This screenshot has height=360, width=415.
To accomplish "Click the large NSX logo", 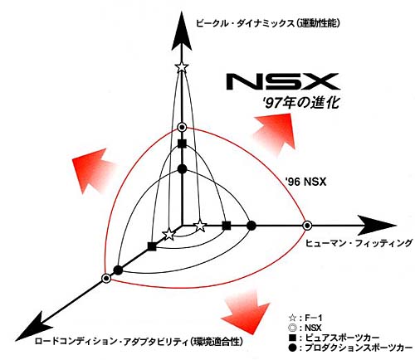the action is pos(283,81).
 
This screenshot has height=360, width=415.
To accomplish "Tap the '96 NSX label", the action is pos(305,182).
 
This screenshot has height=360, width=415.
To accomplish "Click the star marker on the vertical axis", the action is pos(182,67).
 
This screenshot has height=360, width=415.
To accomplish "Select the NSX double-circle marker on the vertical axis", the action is pos(182,128).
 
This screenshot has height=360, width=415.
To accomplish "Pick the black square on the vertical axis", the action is pos(182,144).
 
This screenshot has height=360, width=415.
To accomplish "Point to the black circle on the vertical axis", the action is pos(182,169).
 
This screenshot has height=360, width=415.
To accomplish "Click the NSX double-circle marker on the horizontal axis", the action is pos(307,226).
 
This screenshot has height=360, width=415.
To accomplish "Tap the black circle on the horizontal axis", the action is pos(251,226).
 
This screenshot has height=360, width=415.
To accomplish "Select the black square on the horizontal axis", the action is pos(227,226).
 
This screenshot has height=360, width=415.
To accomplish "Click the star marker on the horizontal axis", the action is pos(200,226).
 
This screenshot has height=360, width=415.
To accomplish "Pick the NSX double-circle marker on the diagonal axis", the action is pos(106,278).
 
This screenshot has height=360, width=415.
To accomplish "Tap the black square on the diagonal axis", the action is pos(152,246).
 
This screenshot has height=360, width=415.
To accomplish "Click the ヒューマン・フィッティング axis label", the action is pos(359,244).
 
